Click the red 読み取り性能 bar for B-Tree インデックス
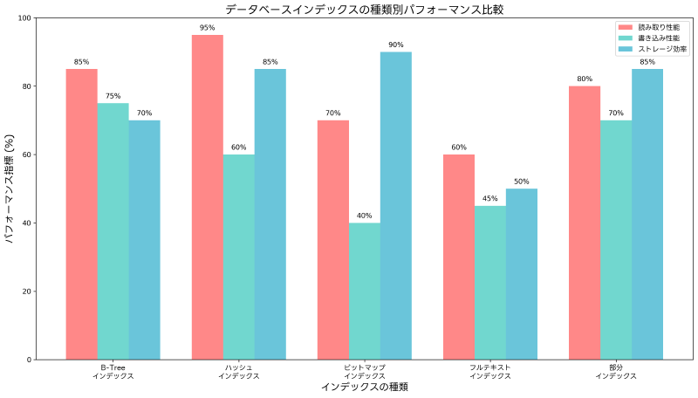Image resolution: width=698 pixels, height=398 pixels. click(81, 214)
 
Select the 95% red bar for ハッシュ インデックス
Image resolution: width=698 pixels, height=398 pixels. click(207, 197)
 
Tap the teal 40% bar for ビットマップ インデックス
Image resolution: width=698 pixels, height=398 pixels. click(365, 291)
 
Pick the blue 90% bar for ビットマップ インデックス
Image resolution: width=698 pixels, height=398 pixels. click(396, 205)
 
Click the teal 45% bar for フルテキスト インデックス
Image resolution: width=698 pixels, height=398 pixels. click(490, 282)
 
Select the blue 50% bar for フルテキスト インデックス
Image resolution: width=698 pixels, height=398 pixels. click(522, 274)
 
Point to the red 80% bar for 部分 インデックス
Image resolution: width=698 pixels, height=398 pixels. click(585, 223)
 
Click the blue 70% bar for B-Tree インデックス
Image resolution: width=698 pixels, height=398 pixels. click(145, 239)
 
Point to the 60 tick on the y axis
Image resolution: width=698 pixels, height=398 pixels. click(25, 154)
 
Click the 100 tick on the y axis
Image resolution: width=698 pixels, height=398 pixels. click(23, 18)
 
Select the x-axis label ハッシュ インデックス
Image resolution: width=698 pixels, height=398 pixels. click(238, 371)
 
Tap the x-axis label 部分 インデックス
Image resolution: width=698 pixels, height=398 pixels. click(616, 371)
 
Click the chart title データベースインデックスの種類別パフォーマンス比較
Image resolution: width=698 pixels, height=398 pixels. click(364, 10)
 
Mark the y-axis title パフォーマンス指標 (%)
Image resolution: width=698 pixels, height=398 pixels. click(10, 189)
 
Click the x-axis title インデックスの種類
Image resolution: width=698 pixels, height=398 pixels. click(364, 387)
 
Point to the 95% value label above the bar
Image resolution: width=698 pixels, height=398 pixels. click(207, 27)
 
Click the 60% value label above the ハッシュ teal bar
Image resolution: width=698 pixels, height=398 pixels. click(238, 147)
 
